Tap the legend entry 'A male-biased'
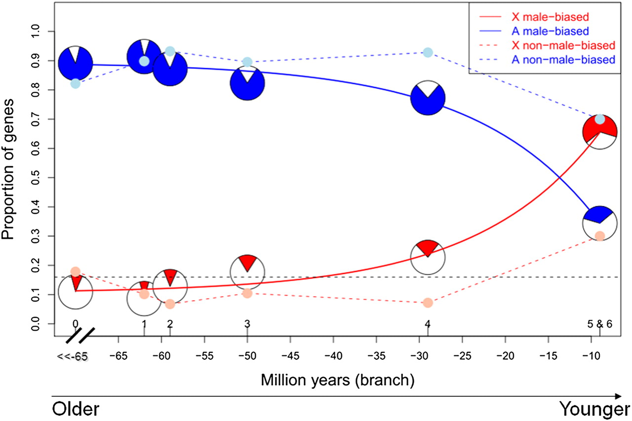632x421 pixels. point(558,32)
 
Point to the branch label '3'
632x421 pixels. point(247,324)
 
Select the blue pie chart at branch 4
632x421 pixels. point(428,97)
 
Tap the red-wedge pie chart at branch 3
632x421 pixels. point(247,271)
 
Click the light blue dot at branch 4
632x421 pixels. point(428,52)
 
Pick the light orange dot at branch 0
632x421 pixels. point(76,271)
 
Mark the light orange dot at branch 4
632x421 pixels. point(428,303)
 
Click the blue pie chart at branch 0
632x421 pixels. point(76,63)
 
